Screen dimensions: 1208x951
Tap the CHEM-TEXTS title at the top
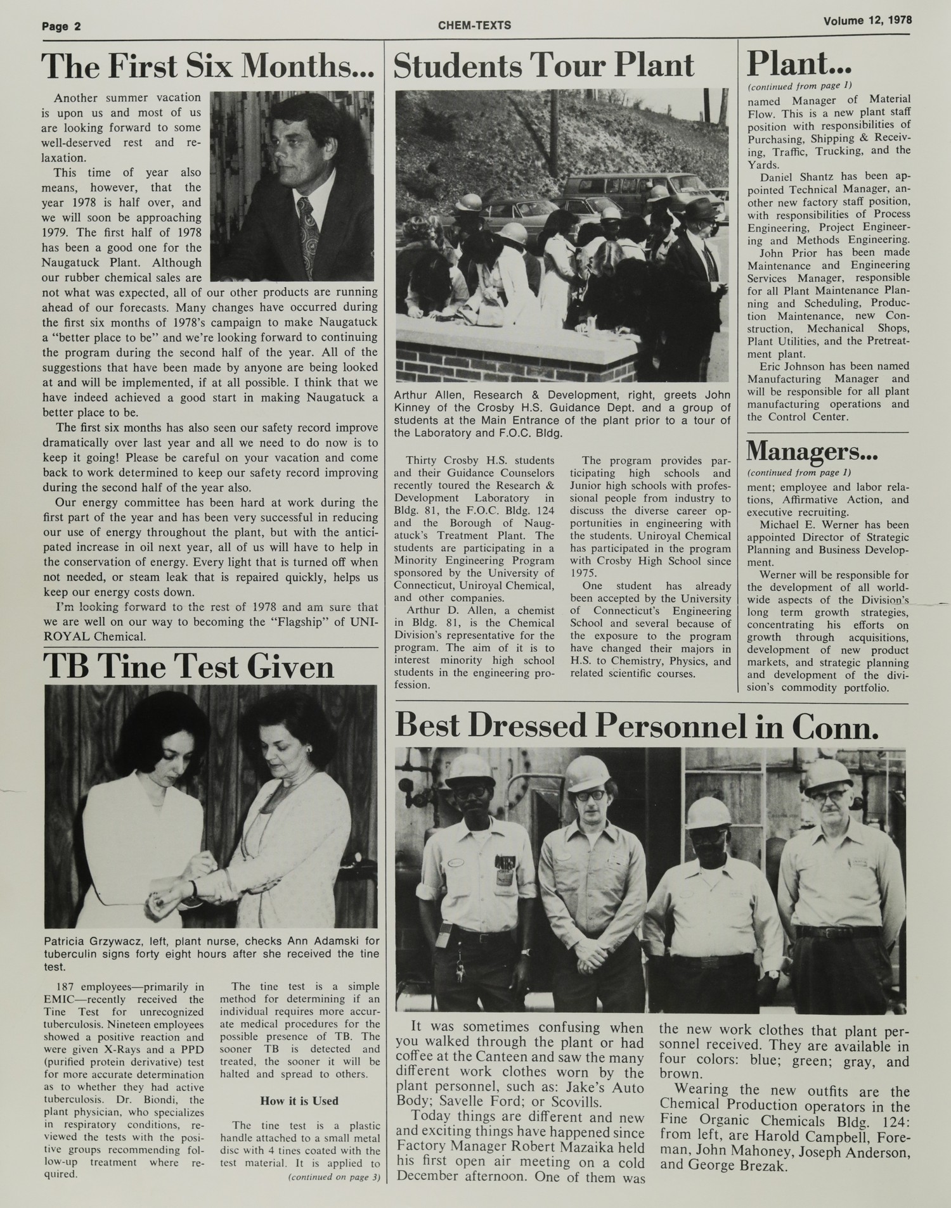[x=474, y=25]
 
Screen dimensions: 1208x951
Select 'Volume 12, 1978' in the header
[x=867, y=20]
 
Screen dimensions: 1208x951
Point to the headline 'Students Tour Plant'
[x=543, y=67]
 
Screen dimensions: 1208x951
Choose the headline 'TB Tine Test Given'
[x=188, y=667]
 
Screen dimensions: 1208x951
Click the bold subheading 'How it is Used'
[x=299, y=1101]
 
